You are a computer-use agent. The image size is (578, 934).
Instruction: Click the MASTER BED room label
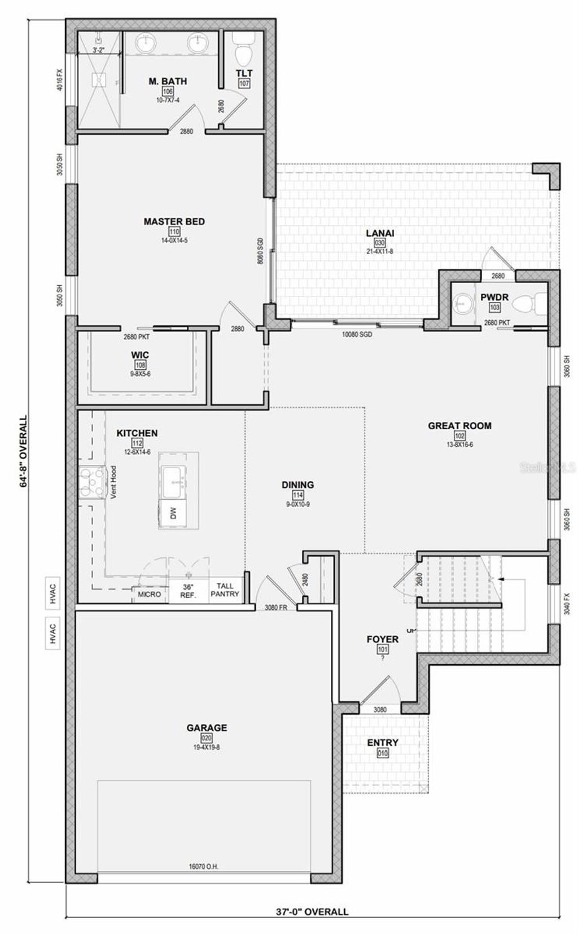(x=174, y=221)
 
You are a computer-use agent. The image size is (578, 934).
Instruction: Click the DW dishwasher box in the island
(x=173, y=513)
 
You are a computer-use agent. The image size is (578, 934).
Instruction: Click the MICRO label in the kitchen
(x=150, y=594)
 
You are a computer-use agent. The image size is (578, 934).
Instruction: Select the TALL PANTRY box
(x=225, y=590)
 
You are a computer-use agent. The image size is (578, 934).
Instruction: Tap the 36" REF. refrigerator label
(x=189, y=591)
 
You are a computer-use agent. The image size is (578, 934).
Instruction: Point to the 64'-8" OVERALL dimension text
(x=24, y=452)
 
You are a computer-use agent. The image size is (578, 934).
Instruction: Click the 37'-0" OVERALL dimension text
(x=312, y=911)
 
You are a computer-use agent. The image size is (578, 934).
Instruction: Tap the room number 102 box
(x=459, y=435)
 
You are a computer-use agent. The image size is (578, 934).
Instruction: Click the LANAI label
(x=380, y=233)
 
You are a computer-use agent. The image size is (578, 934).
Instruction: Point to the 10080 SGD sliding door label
(x=357, y=334)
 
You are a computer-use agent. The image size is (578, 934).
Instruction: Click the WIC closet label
(x=140, y=355)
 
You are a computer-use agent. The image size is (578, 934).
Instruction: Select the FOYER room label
(x=382, y=639)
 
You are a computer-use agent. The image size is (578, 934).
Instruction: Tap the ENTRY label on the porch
(x=383, y=743)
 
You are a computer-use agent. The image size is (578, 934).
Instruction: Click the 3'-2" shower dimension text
(x=99, y=50)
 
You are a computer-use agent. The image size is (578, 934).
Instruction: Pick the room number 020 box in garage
(x=207, y=738)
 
